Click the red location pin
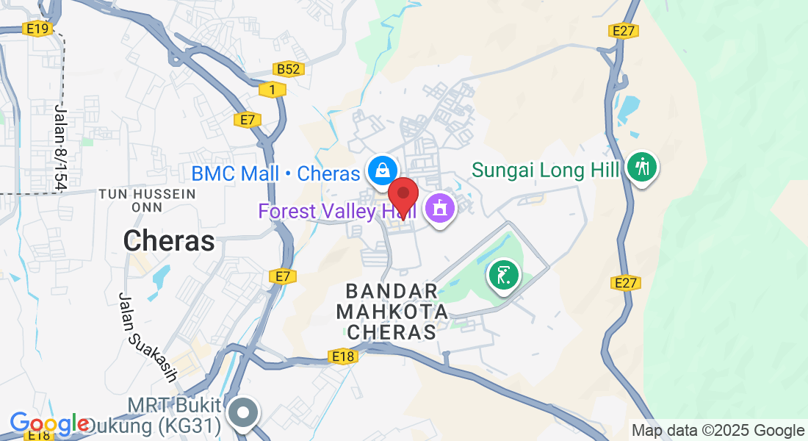pos(403,195)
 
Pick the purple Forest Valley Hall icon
pos(439,209)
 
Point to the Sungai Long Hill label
pos(546,171)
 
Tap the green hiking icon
pos(643,167)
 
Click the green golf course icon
pos(503,276)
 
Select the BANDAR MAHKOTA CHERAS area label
pos(392,312)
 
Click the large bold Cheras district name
pos(169,240)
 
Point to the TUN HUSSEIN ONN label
pos(147,201)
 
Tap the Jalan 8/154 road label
pos(60,147)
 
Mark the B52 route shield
pos(288,69)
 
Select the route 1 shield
pos(272,89)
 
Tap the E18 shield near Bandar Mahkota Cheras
pos(343,357)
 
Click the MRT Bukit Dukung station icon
pos(242,413)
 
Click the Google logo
pos(48,423)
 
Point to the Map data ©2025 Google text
pos(718,431)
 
